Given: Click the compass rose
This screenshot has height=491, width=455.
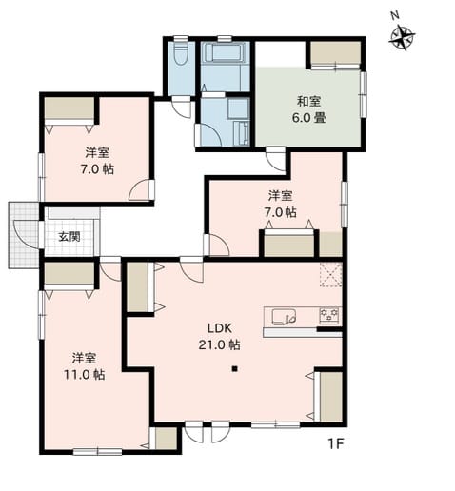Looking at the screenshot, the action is point(402,39).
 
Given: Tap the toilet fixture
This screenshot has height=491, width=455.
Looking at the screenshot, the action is point(181,53).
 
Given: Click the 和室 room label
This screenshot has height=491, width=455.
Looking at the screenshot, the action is point(308,102).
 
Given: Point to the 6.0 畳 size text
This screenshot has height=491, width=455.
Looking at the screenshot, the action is point(308,118).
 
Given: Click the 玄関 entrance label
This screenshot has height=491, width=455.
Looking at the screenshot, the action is point(69,236).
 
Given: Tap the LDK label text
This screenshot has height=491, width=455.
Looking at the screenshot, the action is point(220,328).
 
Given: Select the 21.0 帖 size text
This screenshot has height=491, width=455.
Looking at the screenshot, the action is point(219,344).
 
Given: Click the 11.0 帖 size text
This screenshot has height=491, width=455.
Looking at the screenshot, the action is point(85,375).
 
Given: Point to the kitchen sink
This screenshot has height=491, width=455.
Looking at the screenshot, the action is point(284,317).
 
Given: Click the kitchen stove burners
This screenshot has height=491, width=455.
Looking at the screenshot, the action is point(329,316).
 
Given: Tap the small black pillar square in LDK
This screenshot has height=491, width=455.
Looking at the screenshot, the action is point(234,369).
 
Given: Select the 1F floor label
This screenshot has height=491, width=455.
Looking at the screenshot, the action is point(336,444).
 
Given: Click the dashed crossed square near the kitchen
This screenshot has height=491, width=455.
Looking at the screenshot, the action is point(330,275).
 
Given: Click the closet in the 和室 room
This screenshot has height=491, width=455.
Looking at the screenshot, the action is point(336,52).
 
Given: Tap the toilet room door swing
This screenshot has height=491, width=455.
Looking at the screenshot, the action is point(182,108).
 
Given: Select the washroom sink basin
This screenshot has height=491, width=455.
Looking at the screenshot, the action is point(238,108).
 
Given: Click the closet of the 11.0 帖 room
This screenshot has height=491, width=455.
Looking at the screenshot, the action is point(69,273).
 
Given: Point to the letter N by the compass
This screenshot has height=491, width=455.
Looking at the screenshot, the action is point(394,16).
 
